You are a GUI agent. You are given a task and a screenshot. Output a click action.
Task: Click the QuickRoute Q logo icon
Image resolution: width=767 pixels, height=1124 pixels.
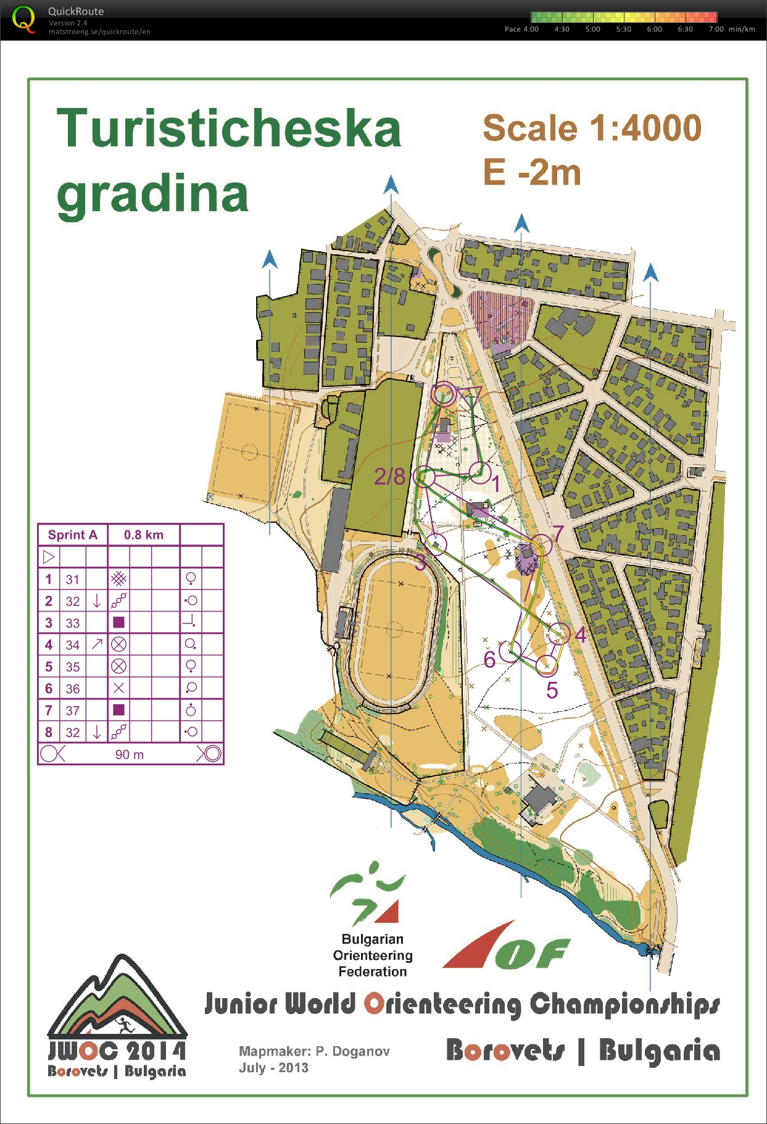coord(23,19)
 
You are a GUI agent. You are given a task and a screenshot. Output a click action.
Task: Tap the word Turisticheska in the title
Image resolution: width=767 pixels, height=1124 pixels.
coord(229,128)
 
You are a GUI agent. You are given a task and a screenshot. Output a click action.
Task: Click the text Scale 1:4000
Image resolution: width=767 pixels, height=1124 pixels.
coord(592,128)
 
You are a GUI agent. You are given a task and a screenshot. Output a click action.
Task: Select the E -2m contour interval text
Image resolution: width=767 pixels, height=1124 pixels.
coord(531,172)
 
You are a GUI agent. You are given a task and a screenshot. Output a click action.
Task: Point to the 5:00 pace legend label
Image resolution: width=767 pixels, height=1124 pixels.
coord(592,29)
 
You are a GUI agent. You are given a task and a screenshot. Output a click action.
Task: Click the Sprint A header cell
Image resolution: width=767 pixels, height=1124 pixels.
coord(73,535)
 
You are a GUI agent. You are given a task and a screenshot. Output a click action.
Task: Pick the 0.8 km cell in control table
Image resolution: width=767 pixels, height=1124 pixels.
coord(144,535)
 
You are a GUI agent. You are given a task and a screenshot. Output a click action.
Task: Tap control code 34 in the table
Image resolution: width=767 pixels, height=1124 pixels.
coord(73,645)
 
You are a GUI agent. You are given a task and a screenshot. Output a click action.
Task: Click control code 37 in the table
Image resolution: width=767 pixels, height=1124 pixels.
coord(73,710)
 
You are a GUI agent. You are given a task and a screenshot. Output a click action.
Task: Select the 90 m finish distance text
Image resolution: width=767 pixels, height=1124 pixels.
coord(130,754)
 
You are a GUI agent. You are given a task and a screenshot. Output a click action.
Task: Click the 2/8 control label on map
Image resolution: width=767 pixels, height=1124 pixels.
coord(390,477)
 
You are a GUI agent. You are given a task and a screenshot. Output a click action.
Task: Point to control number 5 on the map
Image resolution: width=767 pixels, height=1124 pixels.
coord(552,690)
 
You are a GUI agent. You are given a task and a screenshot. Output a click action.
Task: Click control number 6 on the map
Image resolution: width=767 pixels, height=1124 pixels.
coord(490,660)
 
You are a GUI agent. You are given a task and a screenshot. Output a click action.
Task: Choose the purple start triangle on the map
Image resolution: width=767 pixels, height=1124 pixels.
coord(470,395)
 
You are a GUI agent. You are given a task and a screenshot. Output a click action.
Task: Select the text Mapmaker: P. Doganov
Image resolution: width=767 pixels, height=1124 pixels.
coord(314,1051)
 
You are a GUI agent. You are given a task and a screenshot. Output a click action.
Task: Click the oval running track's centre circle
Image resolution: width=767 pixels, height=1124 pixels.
coord(394,630)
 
